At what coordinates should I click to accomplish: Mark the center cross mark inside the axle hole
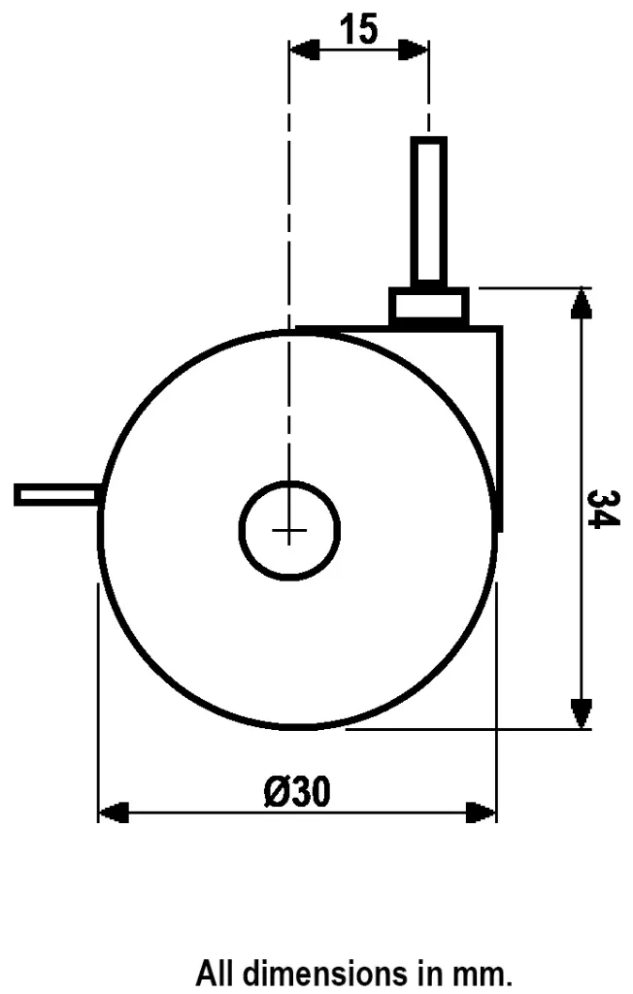tap(289, 530)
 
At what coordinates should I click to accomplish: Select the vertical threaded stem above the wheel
tap(428, 210)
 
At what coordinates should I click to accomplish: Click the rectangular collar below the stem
tap(428, 307)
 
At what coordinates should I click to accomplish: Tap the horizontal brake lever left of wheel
tap(56, 495)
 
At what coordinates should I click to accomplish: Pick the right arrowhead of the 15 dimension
tap(415, 49)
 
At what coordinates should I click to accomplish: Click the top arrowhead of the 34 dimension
tap(580, 301)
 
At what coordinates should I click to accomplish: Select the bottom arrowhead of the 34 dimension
tap(580, 713)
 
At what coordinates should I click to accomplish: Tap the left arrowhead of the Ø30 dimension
tap(114, 812)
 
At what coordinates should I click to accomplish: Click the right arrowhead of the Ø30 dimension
tap(482, 812)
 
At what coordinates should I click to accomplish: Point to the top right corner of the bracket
tap(501, 328)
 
